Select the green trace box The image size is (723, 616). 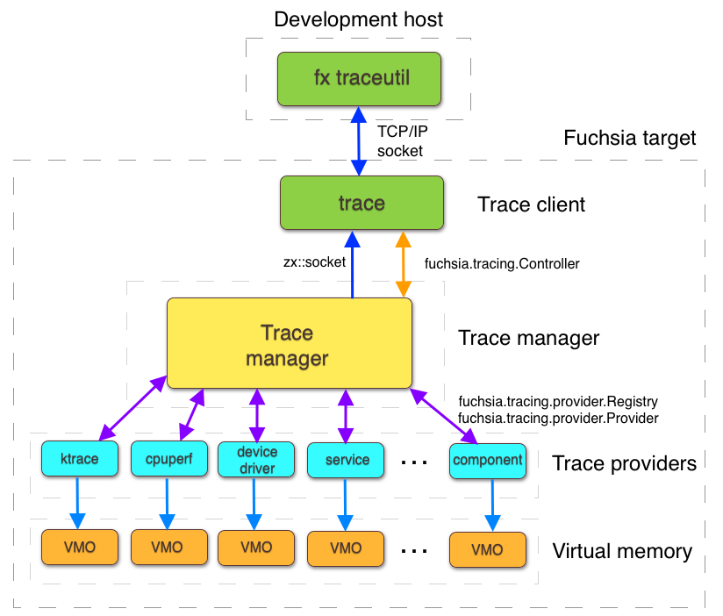click(x=361, y=204)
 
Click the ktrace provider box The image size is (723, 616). click(x=79, y=459)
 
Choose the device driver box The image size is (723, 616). click(x=257, y=460)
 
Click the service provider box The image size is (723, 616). click(x=347, y=459)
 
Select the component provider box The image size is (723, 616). click(x=487, y=460)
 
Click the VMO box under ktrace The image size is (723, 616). click(x=79, y=548)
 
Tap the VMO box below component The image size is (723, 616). click(x=487, y=549)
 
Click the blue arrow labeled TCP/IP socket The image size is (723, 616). click(x=358, y=140)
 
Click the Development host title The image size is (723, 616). click(x=359, y=19)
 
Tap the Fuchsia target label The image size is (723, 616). click(x=629, y=138)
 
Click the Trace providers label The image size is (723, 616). click(x=624, y=462)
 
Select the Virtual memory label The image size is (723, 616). click(x=622, y=552)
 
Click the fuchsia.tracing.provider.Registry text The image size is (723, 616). click(x=558, y=401)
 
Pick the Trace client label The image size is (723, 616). click(x=531, y=204)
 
